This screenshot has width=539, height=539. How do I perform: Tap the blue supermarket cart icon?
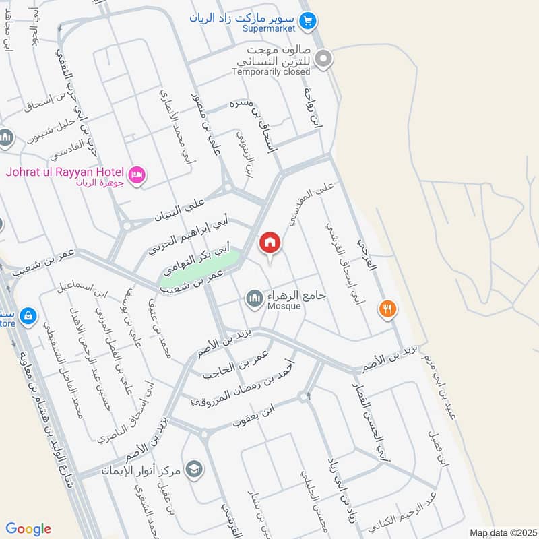(x=307, y=22)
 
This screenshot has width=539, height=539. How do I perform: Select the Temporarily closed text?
(x=271, y=71)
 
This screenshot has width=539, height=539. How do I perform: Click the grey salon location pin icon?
(x=324, y=60)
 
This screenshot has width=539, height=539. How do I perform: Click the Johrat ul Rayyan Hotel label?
(x=65, y=170)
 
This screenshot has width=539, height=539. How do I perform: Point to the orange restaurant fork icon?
(x=387, y=309)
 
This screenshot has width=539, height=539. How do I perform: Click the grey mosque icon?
(x=254, y=297)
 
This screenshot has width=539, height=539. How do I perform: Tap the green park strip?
(x=200, y=268)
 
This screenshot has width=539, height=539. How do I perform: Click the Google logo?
(x=28, y=529)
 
